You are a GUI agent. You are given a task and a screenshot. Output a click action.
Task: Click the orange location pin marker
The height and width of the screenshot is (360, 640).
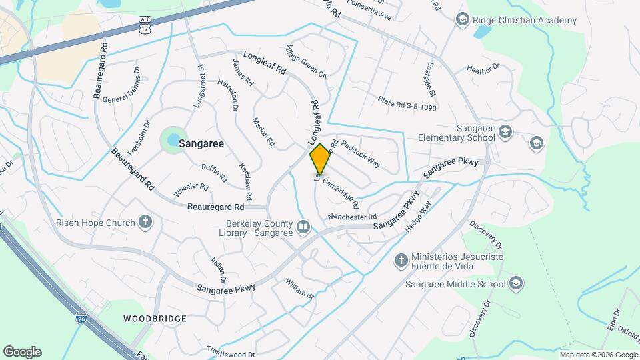coord(321,159)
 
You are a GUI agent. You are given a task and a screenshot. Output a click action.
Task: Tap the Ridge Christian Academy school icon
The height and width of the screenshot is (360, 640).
coord(461,21)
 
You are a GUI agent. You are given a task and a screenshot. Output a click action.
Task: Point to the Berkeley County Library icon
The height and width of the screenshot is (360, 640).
coord(303,228)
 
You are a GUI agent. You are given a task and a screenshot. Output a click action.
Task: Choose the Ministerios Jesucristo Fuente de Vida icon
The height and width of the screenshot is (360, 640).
coord(401,260)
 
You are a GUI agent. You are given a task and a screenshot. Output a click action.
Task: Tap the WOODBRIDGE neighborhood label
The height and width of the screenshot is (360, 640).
coord(155,319)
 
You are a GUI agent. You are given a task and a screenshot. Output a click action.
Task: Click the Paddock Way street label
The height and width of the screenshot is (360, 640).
coord(360,153)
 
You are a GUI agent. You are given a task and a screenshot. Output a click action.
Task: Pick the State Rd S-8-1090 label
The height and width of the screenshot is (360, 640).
coord(407,103)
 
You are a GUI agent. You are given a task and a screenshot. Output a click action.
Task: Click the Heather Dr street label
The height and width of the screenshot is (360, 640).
coord(483,67)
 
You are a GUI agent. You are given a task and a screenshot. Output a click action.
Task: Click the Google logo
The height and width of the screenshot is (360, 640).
coord(22,352)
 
